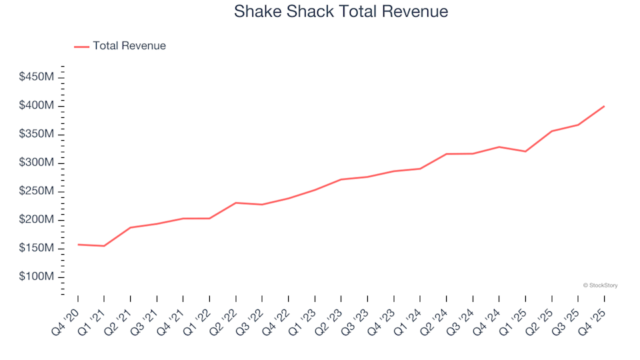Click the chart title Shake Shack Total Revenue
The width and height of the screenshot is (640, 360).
pyautogui.click(x=341, y=11)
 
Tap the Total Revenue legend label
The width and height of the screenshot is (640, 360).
pyautogui.click(x=129, y=46)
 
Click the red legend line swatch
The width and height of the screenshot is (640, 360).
pyautogui.click(x=81, y=47)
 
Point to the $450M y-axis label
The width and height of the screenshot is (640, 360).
pyautogui.click(x=37, y=77)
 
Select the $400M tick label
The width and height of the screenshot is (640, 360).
pyautogui.click(x=37, y=106)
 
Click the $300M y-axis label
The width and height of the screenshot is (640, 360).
pyautogui.click(x=37, y=163)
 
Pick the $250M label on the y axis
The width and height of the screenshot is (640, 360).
pyautogui.click(x=37, y=191)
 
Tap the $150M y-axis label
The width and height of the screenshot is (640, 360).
pyautogui.click(x=37, y=248)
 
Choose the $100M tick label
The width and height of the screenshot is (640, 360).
pyautogui.click(x=37, y=277)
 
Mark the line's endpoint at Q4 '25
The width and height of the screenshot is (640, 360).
pyautogui.click(x=604, y=106)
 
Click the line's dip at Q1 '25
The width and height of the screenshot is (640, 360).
pyautogui.click(x=525, y=151)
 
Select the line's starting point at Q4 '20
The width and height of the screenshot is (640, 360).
pyautogui.click(x=78, y=245)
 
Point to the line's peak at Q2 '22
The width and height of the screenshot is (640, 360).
pyautogui.click(x=236, y=203)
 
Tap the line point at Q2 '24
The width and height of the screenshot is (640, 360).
pyautogui.click(x=447, y=154)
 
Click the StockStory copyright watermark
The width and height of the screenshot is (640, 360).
pyautogui.click(x=600, y=285)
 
